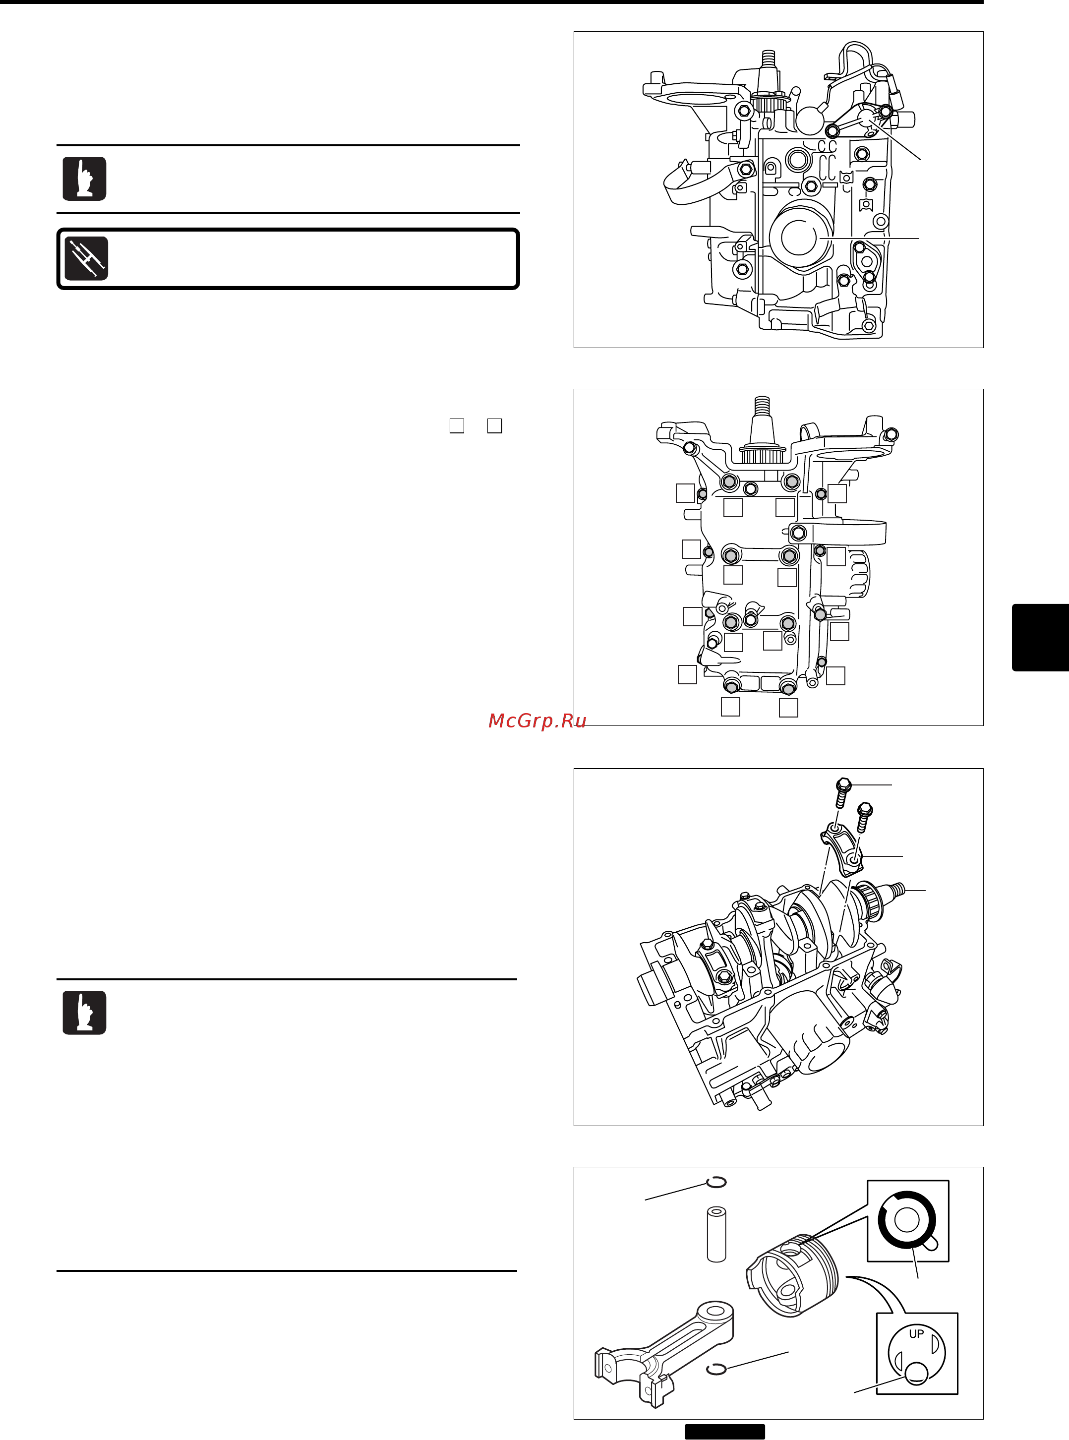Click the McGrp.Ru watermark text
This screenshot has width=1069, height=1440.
point(536,720)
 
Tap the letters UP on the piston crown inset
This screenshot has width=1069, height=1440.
point(916,1334)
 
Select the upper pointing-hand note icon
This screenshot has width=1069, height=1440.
point(84,179)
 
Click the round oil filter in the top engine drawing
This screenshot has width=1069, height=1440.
point(800,236)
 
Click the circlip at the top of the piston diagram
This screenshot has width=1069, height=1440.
point(716,1182)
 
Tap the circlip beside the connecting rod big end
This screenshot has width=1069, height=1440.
point(715,1369)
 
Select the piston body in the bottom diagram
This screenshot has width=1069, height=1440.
point(793,1275)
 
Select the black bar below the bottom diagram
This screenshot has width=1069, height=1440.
point(725,1432)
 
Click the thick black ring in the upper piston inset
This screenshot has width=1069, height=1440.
point(906,1220)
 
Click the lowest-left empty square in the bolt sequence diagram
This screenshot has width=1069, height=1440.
point(730,707)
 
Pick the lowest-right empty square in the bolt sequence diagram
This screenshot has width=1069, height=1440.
point(788,708)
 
